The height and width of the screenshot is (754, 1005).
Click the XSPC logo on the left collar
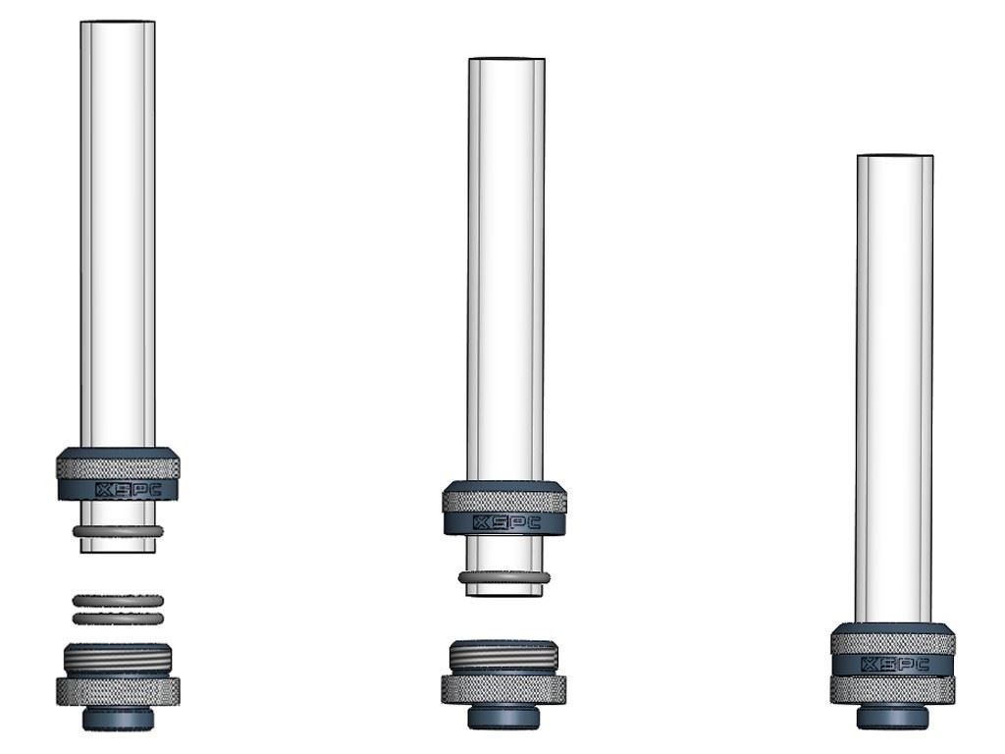[x=129, y=491]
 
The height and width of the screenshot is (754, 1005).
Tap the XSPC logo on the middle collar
[x=505, y=523]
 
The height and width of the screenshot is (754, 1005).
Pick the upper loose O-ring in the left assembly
[x=118, y=601]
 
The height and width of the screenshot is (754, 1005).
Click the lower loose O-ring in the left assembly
[x=118, y=619]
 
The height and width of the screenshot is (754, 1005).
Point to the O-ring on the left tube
[x=118, y=531]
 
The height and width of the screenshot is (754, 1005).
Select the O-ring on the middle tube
[x=504, y=577]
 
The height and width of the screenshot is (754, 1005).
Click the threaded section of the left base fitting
[x=118, y=660]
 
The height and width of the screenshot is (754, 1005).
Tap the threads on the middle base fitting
[x=503, y=657]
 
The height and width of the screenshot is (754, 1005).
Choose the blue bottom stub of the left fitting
[x=119, y=718]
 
